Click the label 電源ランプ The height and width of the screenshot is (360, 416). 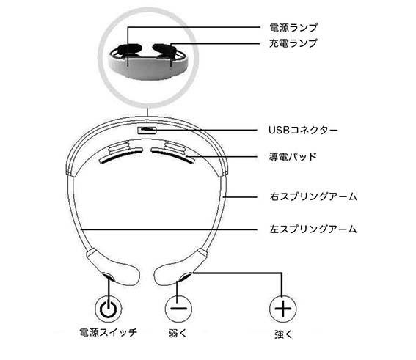[293, 28]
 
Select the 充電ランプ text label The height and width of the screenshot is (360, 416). [293, 43]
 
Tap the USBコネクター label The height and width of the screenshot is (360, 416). [303, 131]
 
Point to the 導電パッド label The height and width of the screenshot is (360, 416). [293, 157]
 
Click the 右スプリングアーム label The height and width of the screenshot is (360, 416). [313, 196]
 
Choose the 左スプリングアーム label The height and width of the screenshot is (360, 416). [313, 229]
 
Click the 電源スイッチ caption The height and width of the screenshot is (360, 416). [109, 332]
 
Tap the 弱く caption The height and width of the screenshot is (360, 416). [178, 333]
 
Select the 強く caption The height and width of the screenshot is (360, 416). [283, 334]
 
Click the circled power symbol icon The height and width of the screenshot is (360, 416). [109, 309]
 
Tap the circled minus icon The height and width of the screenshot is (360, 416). [178, 309]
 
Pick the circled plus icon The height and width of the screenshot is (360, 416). [282, 309]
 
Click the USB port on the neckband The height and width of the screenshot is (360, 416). [147, 130]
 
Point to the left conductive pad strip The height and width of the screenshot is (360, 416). [120, 155]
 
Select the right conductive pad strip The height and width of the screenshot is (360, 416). [172, 155]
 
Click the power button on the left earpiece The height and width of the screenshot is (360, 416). [109, 277]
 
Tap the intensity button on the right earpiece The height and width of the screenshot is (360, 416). [185, 277]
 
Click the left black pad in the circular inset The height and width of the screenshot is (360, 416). [128, 50]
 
